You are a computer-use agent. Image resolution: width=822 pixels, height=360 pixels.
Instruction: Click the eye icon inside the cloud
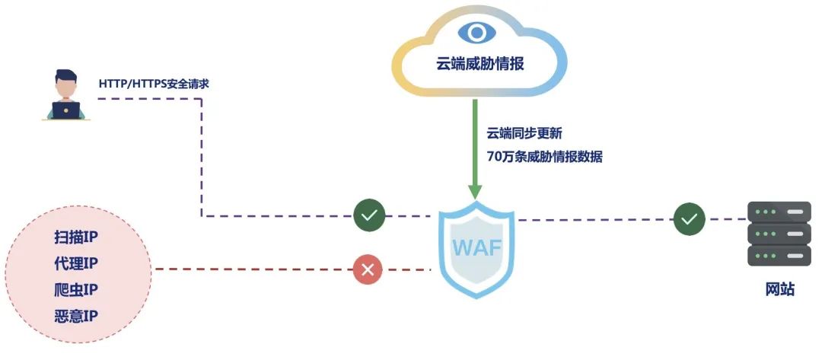click(x=476, y=33)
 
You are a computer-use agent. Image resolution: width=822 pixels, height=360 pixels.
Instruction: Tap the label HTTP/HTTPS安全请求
click(x=154, y=84)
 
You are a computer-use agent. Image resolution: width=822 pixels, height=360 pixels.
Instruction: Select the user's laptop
click(x=66, y=109)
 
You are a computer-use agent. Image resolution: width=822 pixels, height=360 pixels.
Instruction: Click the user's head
click(x=66, y=82)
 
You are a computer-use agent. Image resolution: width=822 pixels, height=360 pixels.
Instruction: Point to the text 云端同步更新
click(x=524, y=133)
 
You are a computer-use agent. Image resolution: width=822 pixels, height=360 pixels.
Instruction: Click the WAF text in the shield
click(x=476, y=248)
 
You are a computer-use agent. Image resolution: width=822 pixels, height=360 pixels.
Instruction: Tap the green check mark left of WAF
click(x=369, y=216)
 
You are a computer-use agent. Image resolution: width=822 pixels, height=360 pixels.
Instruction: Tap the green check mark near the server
click(x=690, y=219)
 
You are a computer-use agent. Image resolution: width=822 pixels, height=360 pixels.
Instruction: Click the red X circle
click(x=368, y=269)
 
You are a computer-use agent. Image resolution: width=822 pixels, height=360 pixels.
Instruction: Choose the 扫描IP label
click(x=76, y=237)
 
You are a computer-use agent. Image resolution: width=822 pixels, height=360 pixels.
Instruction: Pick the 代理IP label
click(x=76, y=263)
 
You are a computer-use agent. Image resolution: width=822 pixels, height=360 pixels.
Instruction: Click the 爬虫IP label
click(x=76, y=290)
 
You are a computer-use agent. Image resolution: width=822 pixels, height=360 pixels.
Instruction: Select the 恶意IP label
click(x=76, y=316)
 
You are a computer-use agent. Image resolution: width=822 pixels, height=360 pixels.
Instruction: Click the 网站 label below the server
click(x=779, y=289)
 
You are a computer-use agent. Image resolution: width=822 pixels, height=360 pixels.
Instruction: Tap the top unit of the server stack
click(x=779, y=211)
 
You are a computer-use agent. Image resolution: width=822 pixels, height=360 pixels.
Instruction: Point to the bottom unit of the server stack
click(x=779, y=255)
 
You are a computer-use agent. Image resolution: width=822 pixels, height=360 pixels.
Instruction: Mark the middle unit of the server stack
click(x=779, y=233)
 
